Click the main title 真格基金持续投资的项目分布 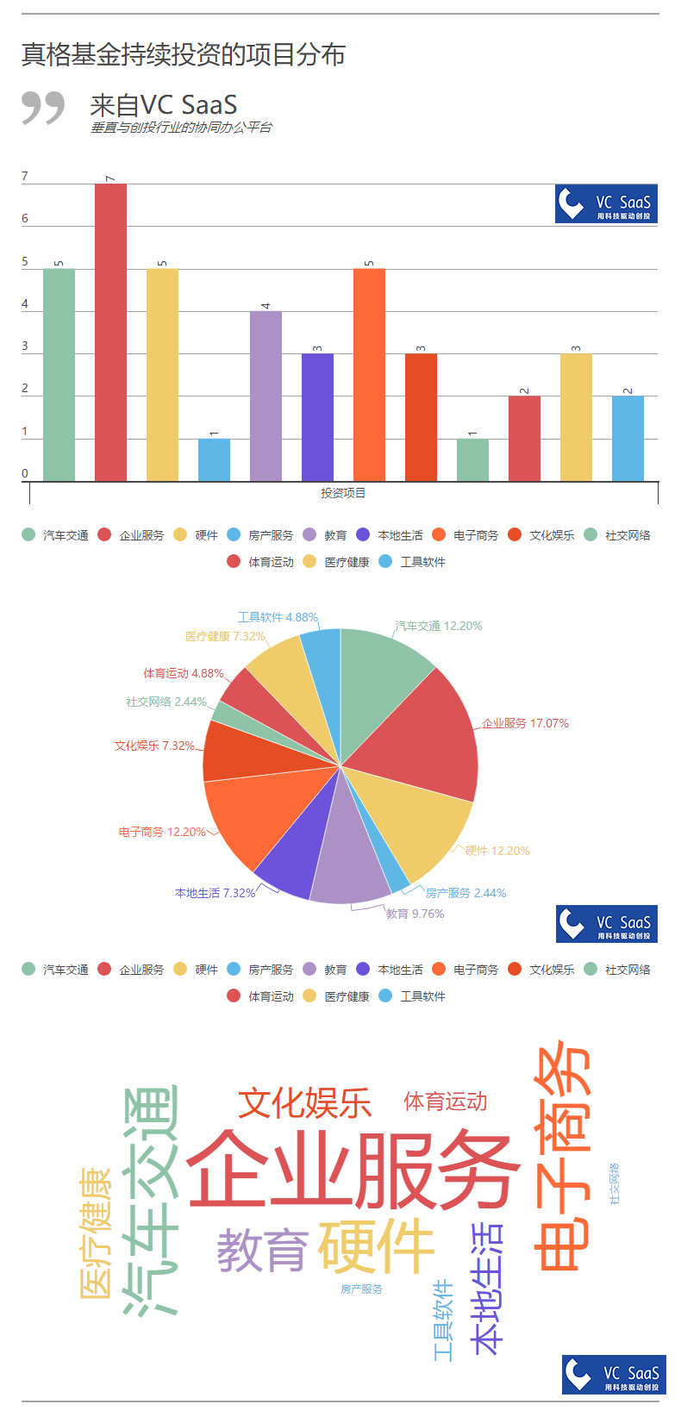click(183, 54)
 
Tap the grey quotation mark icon click(43, 108)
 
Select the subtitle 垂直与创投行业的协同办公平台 click(181, 128)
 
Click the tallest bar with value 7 click(110, 332)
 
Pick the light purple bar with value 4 click(266, 396)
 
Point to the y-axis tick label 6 click(25, 219)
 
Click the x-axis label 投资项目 click(343, 493)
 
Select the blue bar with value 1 click(214, 459)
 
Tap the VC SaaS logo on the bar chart click(606, 204)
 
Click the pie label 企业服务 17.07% click(525, 723)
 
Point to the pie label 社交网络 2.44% click(166, 702)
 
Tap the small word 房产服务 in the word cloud click(361, 1289)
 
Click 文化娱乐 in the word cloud click(304, 1103)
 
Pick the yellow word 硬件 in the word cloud click(376, 1246)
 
